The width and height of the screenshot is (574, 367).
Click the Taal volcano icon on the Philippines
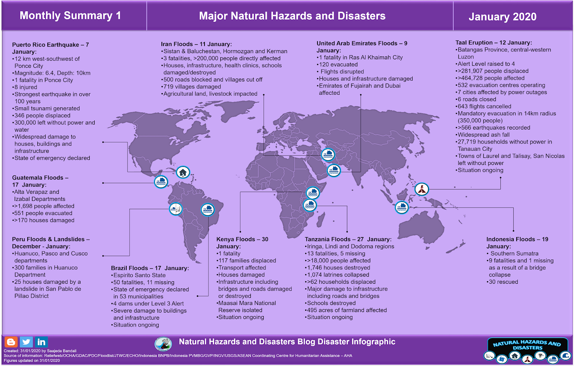[x=422, y=189]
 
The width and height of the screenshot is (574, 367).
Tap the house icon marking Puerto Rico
[x=183, y=173]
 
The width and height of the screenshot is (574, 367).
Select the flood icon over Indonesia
[x=402, y=207]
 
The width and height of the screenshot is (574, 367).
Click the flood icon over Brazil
[x=208, y=210]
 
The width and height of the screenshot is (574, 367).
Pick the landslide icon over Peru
[x=176, y=209]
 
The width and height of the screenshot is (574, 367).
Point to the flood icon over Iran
[x=328, y=155]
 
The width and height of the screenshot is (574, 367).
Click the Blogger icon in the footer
[x=11, y=342]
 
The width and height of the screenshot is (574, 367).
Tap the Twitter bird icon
[x=26, y=342]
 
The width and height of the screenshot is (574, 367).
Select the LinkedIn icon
[x=41, y=342]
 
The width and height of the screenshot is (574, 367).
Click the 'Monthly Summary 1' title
[x=70, y=16]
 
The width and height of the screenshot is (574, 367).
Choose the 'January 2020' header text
[x=502, y=17]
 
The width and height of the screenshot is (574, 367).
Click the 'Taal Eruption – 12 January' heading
[x=494, y=43]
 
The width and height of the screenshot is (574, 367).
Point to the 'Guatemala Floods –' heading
[x=40, y=178]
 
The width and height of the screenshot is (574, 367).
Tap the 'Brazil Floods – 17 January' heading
[x=150, y=268]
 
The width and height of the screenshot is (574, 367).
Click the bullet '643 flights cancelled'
[x=484, y=107]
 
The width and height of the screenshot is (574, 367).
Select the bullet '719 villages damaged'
[x=192, y=87]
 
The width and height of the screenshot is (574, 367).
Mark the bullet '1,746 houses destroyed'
[x=338, y=268]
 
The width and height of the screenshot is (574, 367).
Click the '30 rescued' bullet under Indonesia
[x=503, y=282]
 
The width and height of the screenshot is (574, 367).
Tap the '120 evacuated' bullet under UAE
[x=338, y=65]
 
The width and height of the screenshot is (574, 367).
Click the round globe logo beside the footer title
[x=163, y=344]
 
